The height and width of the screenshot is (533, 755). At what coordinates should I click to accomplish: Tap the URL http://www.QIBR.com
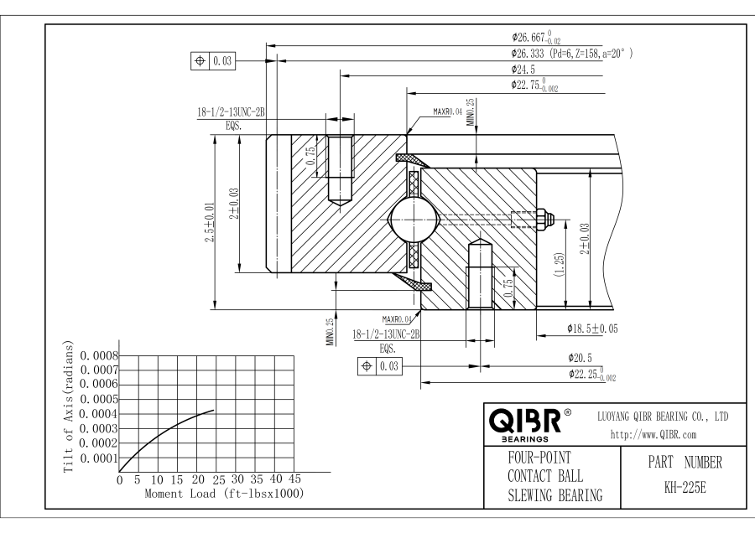pos(654,434)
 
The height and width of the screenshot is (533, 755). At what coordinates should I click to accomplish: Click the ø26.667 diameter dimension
pos(542,38)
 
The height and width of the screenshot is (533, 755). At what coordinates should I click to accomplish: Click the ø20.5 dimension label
pos(583,357)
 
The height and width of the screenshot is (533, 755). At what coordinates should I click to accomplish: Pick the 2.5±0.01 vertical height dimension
pos(211,224)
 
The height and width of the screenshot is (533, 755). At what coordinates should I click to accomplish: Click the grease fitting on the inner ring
pos(546,219)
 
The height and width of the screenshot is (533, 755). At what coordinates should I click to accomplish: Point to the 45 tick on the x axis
pos(294,479)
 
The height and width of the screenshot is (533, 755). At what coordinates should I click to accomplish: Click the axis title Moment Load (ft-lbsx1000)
pos(224,494)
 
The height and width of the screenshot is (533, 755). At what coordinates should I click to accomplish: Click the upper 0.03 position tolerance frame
pos(214,60)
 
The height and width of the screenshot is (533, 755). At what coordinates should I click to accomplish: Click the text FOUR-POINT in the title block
pos(536,459)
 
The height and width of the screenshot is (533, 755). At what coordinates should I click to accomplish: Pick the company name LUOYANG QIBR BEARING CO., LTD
pos(662,416)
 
